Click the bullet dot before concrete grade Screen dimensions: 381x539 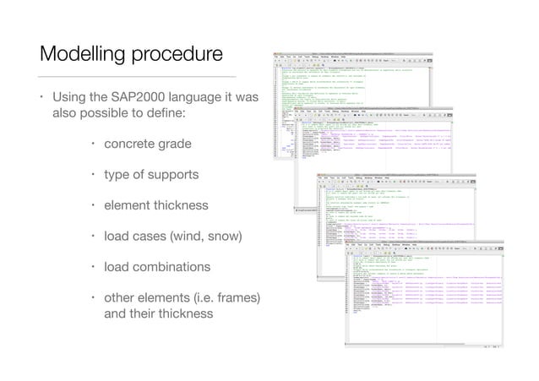[93, 144]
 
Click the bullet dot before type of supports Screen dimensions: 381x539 [93, 175]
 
